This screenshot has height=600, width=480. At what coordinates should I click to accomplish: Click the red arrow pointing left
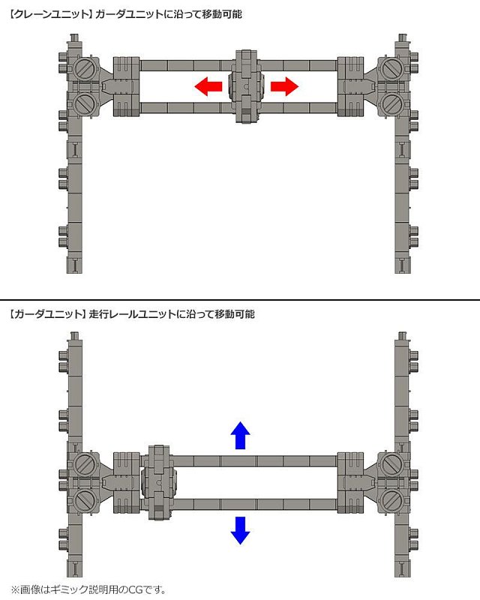point(208,86)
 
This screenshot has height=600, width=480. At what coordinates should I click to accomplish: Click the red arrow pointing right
point(284,86)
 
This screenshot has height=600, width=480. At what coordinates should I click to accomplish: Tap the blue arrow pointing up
point(241,436)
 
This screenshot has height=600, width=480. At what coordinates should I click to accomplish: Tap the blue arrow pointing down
point(241,530)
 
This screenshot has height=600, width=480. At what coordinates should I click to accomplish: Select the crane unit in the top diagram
point(246,86)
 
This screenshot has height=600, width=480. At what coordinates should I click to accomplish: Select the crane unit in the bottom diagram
point(159,482)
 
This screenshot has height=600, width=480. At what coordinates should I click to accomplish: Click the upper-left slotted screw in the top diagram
point(83,69)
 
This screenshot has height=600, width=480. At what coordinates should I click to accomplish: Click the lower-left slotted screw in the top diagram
point(83,104)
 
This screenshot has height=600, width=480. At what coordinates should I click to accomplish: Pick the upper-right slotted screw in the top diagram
point(392,69)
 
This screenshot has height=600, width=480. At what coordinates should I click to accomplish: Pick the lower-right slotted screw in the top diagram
point(392,104)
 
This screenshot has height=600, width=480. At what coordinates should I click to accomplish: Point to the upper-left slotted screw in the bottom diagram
point(83,463)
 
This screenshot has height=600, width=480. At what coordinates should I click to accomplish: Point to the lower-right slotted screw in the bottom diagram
point(392,499)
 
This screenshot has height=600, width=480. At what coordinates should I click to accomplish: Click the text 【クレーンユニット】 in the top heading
point(49,14)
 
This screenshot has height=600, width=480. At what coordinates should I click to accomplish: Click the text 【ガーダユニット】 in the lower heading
point(46,314)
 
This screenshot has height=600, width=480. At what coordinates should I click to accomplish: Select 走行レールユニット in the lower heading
point(133,314)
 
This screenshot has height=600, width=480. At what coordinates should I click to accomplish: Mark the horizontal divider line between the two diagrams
point(240,299)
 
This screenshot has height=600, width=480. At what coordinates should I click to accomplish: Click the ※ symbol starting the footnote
point(15,589)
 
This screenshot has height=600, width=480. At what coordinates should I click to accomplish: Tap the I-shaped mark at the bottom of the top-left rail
point(75,265)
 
